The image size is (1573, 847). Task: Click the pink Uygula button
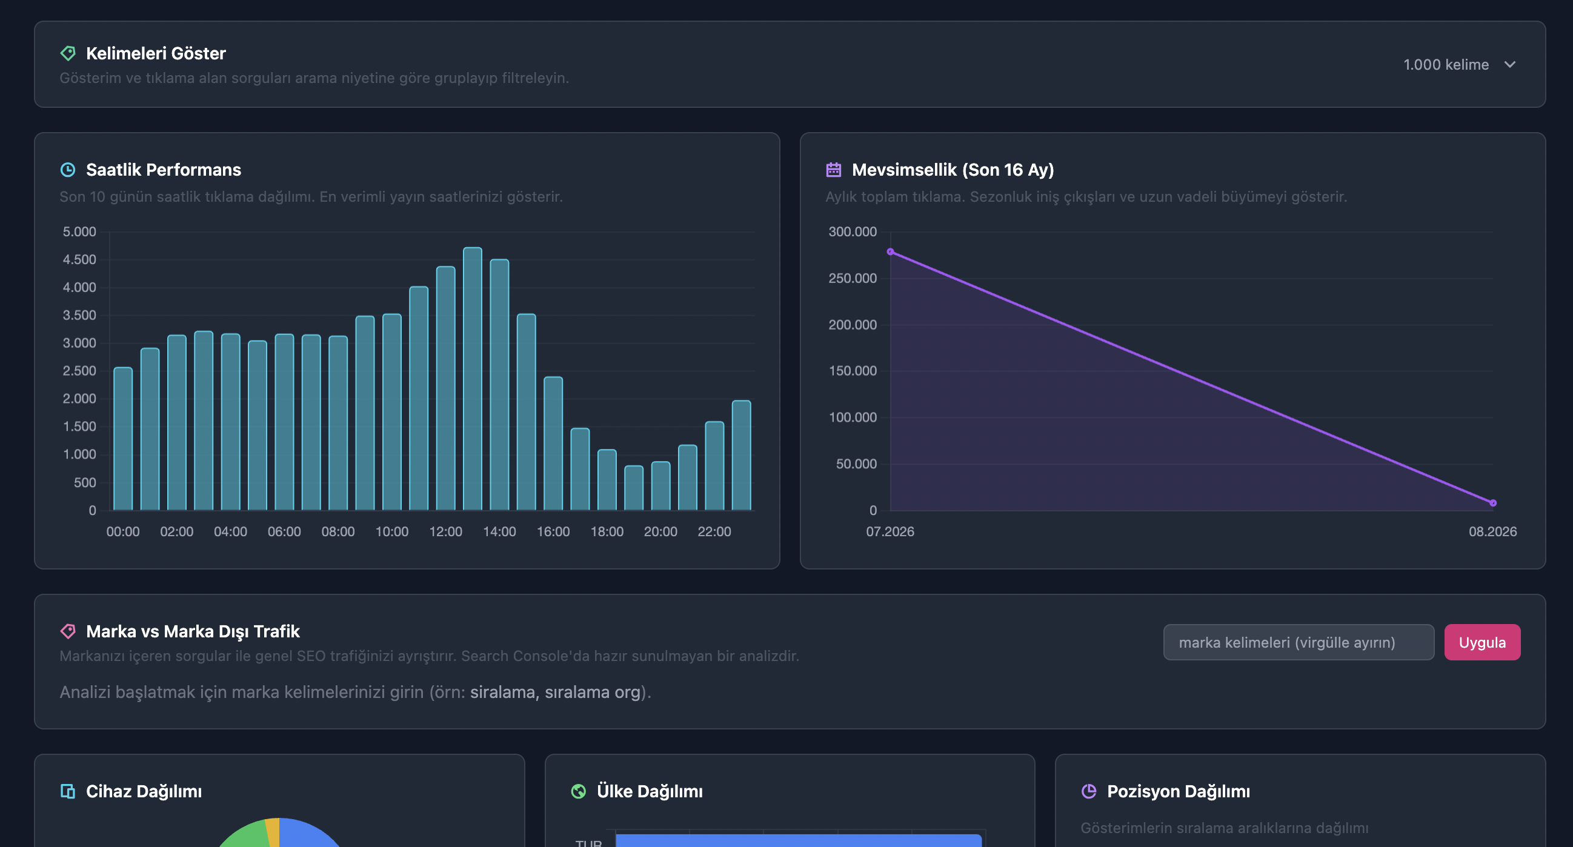pos(1482,642)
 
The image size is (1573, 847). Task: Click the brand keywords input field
pos(1299,642)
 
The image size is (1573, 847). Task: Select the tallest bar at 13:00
pos(473,379)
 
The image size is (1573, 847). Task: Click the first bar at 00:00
pos(124,439)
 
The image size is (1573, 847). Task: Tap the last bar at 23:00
pos(741,455)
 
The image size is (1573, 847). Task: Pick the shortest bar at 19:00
pos(634,488)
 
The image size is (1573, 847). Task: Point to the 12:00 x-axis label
pos(446,532)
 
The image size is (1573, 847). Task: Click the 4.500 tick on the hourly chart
pos(79,259)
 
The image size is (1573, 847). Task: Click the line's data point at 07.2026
pos(890,251)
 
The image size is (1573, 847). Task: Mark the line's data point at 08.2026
pos(1493,503)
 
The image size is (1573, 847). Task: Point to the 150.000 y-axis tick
pos(853,371)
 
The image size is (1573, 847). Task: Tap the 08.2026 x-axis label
pos(1493,532)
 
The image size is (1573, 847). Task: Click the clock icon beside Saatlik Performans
pos(68,170)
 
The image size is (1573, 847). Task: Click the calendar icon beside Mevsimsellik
pos(834,170)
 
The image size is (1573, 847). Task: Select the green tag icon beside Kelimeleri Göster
pos(68,53)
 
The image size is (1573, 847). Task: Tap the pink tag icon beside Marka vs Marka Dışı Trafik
pos(68,631)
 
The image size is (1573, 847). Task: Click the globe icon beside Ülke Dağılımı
pos(578,791)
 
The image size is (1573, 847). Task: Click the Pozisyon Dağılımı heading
pos(1179,791)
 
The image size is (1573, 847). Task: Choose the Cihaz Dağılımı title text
pos(144,791)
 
